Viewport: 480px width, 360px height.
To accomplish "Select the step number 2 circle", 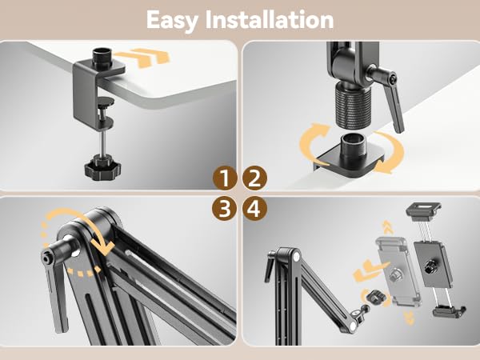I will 254,178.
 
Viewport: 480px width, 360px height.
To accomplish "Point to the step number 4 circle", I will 254,210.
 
